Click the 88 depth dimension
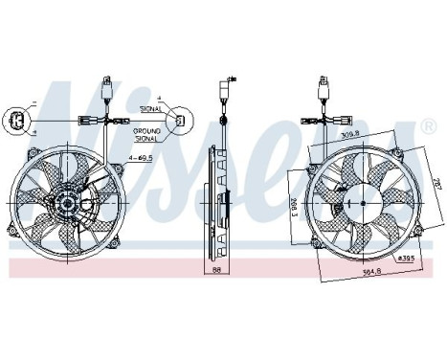click(218, 271)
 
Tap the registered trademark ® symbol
click(427, 125)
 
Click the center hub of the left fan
click(69, 204)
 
